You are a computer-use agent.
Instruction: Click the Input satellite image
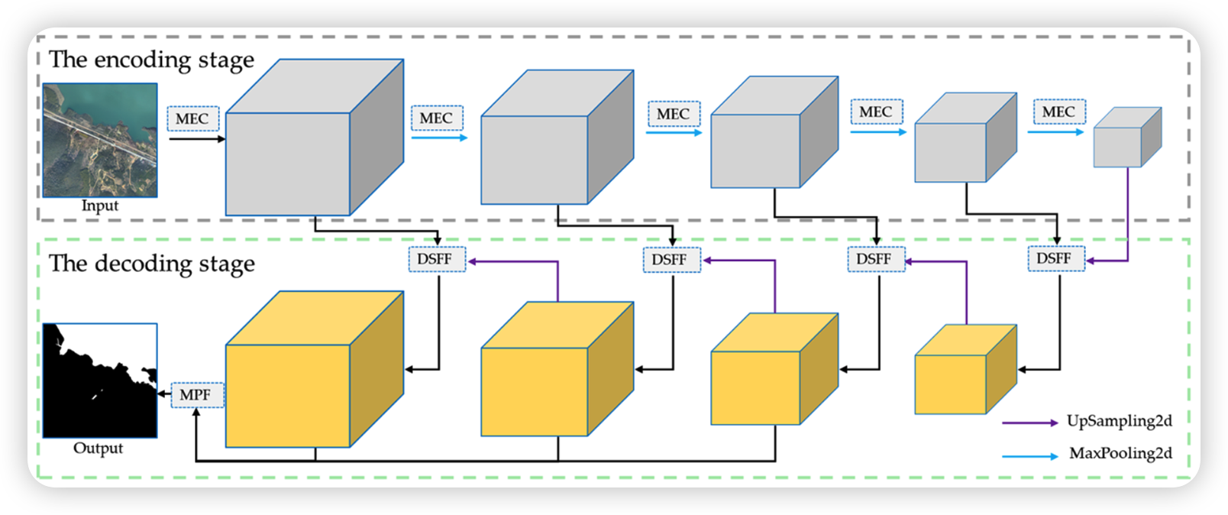point(100,140)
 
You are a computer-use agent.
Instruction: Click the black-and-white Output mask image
point(100,380)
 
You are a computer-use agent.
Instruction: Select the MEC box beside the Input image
point(192,118)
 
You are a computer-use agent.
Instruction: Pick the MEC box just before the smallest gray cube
point(1058,112)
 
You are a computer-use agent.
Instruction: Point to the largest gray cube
point(305,145)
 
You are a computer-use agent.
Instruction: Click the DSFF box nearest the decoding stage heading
point(435,259)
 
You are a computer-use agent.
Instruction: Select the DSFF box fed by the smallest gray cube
point(1055,258)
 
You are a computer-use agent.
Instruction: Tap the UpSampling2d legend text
point(1120,421)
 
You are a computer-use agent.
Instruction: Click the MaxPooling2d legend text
point(1120,453)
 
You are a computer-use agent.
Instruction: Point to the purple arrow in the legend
point(1029,423)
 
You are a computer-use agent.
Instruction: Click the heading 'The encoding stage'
point(151,60)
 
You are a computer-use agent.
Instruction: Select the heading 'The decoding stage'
point(151,264)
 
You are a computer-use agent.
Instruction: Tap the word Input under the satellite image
point(100,206)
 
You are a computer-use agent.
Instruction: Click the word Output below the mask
point(98,448)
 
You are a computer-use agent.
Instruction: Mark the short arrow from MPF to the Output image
point(164,394)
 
